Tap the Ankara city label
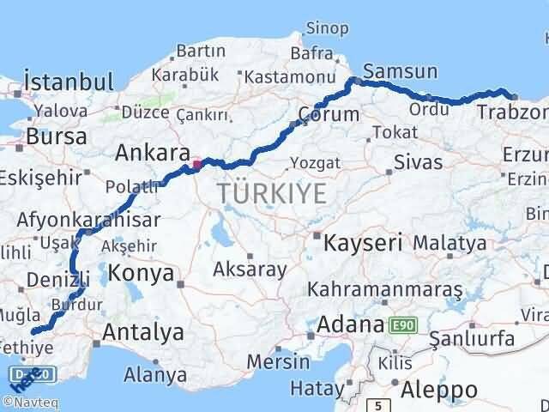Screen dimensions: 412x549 152,153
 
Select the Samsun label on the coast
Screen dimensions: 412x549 401,72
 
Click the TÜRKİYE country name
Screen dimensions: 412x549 272,193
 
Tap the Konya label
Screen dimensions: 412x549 140,273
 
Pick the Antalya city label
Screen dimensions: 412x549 142,331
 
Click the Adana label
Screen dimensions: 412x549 349,325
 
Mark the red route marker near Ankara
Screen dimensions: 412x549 196,164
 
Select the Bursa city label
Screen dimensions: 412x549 56,136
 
